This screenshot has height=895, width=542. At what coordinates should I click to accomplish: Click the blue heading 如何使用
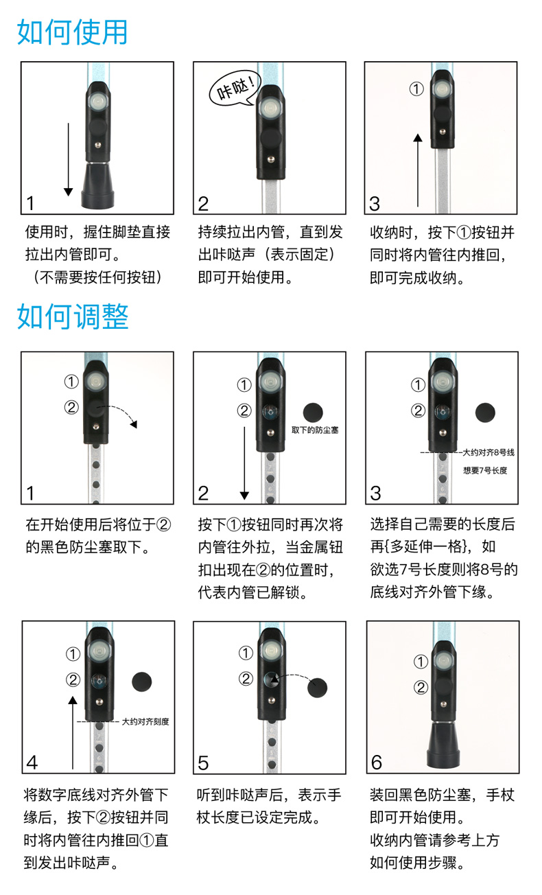pyautogui.click(x=72, y=32)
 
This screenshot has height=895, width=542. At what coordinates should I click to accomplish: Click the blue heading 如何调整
pyautogui.click(x=73, y=316)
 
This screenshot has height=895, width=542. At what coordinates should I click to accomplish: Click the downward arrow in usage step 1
pyautogui.click(x=69, y=159)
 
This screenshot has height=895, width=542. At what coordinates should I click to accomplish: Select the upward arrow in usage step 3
pyautogui.click(x=418, y=170)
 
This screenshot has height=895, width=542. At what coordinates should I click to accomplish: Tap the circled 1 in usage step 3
pyautogui.click(x=416, y=89)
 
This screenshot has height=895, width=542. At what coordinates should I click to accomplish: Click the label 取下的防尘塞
pyautogui.click(x=315, y=430)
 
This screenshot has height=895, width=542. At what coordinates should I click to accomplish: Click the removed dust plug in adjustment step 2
pyautogui.click(x=313, y=412)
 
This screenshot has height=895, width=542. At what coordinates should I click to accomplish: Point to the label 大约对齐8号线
pyautogui.click(x=488, y=452)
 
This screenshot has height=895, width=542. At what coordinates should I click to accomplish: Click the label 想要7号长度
pyautogui.click(x=485, y=470)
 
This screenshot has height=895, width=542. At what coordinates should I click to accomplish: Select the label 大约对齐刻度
pyautogui.click(x=145, y=721)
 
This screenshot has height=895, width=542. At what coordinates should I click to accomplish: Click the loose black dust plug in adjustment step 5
pyautogui.click(x=318, y=688)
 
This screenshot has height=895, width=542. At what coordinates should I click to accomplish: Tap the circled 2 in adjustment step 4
pyautogui.click(x=73, y=679)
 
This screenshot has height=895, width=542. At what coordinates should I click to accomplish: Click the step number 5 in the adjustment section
pyautogui.click(x=203, y=763)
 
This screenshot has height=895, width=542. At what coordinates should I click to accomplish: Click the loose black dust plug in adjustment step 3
pyautogui.click(x=485, y=412)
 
